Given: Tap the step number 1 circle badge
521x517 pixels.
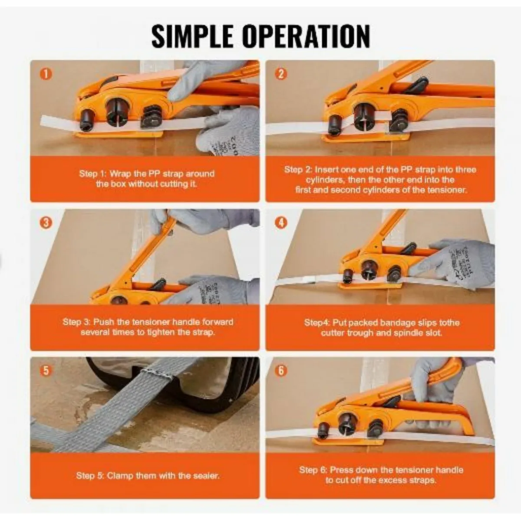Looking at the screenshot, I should (46, 74).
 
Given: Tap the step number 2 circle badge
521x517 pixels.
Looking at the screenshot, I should (281, 74).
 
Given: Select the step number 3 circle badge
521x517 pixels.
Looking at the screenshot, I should (46, 223).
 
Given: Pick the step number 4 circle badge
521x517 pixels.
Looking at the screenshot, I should (281, 223).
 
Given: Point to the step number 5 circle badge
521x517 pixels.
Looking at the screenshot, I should (46, 371).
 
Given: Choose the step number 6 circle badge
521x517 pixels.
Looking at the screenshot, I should (281, 371).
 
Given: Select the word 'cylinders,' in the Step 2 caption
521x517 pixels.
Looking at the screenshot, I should (325, 180).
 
